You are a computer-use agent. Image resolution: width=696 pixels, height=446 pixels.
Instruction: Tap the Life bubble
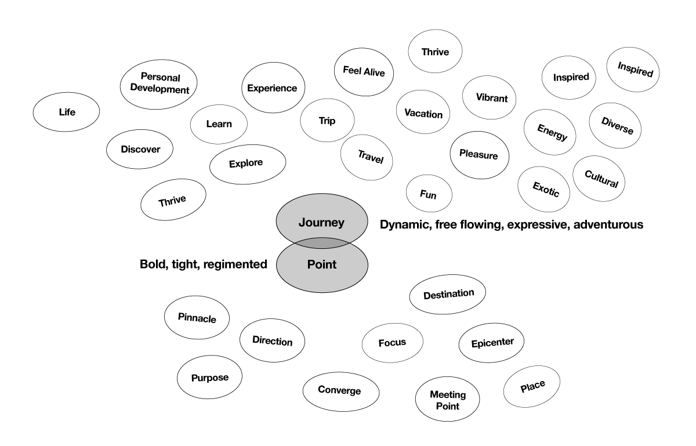[x=67, y=113]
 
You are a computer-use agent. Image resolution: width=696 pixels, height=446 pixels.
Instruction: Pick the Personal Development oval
[x=158, y=84]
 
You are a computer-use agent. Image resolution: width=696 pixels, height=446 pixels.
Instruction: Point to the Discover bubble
[x=140, y=149]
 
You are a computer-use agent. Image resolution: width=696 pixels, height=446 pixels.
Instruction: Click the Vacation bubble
[x=423, y=114]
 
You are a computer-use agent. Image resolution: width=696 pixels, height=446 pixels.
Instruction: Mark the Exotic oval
[x=546, y=188]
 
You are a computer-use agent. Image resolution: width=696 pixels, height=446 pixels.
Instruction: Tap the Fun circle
[x=428, y=195]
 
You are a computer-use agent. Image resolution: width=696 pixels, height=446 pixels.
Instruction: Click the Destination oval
[x=448, y=294]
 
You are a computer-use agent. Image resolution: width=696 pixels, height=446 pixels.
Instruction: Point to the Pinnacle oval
[x=197, y=318]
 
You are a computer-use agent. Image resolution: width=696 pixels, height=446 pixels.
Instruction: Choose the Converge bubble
[x=339, y=390]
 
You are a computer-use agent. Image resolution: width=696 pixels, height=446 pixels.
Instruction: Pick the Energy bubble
[x=549, y=132]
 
